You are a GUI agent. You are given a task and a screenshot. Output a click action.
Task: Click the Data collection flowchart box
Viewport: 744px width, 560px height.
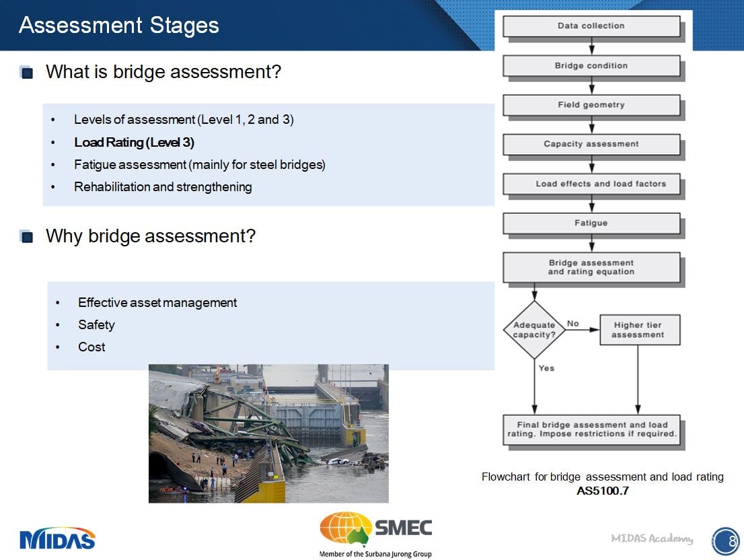pyautogui.click(x=591, y=26)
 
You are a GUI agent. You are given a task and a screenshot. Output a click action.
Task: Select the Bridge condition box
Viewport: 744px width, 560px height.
pyautogui.click(x=591, y=66)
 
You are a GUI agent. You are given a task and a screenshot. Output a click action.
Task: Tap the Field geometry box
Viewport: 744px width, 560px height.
pyautogui.click(x=591, y=105)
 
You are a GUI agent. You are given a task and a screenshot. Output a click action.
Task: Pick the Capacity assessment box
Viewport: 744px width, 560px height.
pyautogui.click(x=591, y=144)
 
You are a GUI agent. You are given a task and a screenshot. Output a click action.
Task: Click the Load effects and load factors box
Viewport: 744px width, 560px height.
pyautogui.click(x=591, y=184)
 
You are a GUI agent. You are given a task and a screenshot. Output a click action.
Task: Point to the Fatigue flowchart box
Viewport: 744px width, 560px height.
pyautogui.click(x=591, y=223)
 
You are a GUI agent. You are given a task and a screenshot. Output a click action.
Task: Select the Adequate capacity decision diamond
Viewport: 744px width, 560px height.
pyautogui.click(x=534, y=330)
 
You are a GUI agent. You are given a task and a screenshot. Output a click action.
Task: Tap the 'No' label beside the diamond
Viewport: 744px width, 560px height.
pyautogui.click(x=572, y=324)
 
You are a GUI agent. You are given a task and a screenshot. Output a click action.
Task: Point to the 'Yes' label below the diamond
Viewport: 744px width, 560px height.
pyautogui.click(x=546, y=368)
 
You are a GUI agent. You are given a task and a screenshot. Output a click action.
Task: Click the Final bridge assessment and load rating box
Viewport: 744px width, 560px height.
pyautogui.click(x=591, y=429)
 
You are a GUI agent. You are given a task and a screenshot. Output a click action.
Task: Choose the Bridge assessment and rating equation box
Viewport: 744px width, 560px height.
pyautogui.click(x=591, y=267)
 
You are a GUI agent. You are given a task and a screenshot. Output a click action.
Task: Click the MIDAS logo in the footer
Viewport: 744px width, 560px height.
pyautogui.click(x=57, y=538)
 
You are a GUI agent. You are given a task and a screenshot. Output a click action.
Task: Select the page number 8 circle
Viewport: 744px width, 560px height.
pyautogui.click(x=724, y=540)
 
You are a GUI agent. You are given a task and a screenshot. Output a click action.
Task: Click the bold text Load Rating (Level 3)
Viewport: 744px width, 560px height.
pyautogui.click(x=134, y=143)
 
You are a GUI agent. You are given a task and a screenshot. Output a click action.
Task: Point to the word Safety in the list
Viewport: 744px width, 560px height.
pyautogui.click(x=96, y=325)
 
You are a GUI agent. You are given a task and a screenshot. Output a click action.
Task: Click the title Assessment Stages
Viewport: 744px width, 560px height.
pyautogui.click(x=119, y=26)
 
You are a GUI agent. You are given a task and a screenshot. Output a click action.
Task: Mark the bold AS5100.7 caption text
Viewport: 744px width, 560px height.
pyautogui.click(x=602, y=491)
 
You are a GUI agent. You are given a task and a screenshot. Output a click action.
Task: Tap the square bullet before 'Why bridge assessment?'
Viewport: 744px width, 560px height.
pyautogui.click(x=27, y=237)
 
